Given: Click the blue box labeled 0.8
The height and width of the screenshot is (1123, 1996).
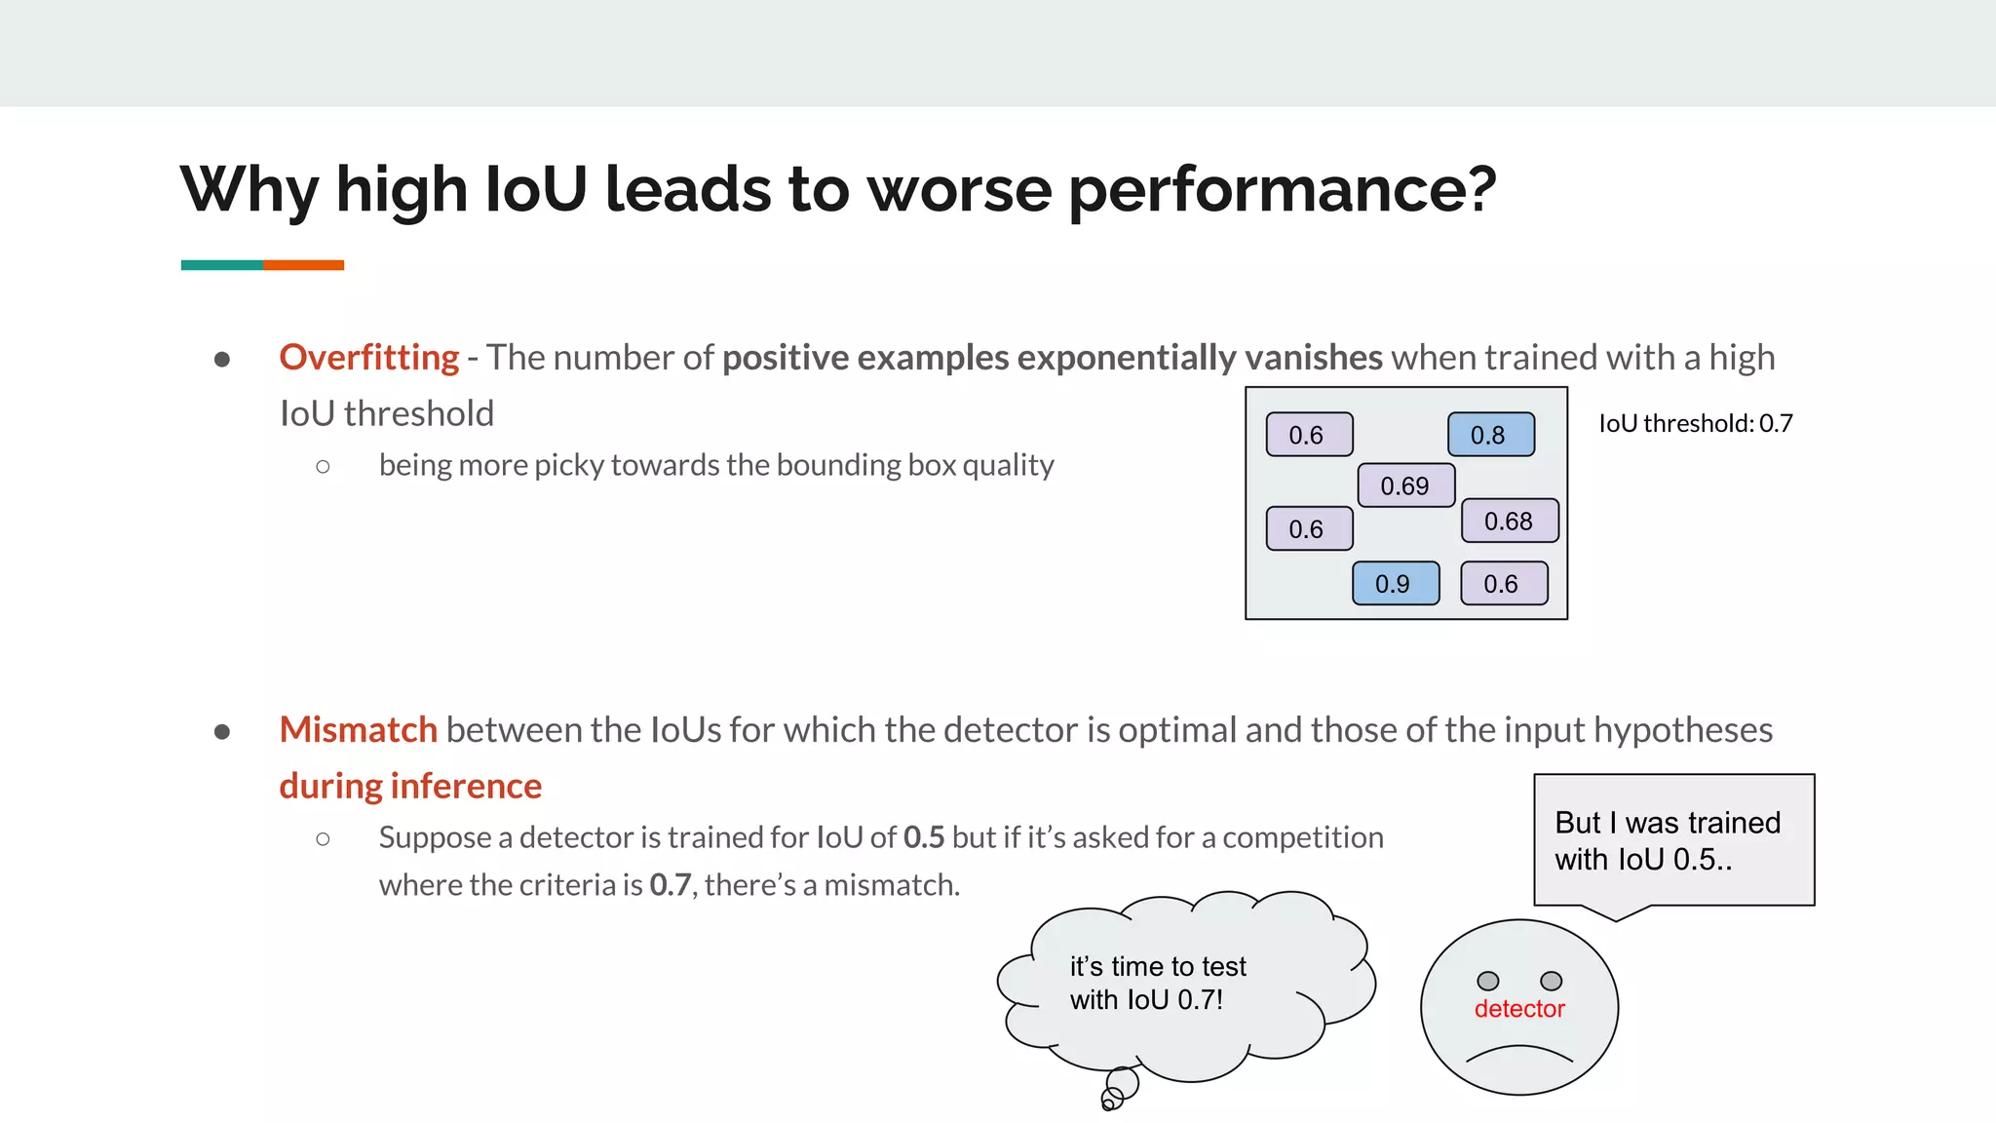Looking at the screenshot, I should coord(1490,435).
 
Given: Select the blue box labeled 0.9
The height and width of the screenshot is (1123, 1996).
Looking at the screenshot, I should coord(1395,584).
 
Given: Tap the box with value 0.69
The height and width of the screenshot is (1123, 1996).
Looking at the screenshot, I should coord(1405,485).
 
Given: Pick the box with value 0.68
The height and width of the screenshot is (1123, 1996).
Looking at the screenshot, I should coord(1509,522).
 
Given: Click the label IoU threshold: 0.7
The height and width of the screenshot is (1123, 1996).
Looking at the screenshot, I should coord(1695,423).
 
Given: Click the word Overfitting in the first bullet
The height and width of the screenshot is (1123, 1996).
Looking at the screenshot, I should coord(368,358).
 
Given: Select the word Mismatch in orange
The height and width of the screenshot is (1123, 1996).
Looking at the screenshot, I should coord(358,730).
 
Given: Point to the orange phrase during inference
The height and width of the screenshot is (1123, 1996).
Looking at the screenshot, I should coord(410,786).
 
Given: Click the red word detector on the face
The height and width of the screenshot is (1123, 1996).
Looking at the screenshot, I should coord(1518,1009).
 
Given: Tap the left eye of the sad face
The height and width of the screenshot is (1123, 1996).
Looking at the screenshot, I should coord(1487,981).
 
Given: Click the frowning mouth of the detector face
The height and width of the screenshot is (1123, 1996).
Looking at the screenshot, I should coord(1518,1054).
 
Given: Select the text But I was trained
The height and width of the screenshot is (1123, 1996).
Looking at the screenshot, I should coord(1667,823).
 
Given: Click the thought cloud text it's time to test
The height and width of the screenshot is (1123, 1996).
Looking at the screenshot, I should coord(1158,966).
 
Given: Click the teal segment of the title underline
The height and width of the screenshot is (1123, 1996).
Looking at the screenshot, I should coord(221,265).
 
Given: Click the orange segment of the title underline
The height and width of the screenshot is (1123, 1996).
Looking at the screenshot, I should coord(303,265).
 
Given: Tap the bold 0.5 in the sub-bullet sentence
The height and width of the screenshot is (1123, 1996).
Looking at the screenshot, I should coord(923,837).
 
